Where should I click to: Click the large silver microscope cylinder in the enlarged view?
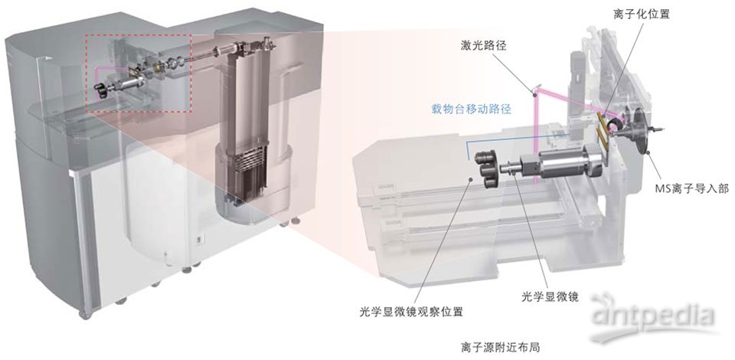pos(571,162)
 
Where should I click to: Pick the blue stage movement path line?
pos(505,139)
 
